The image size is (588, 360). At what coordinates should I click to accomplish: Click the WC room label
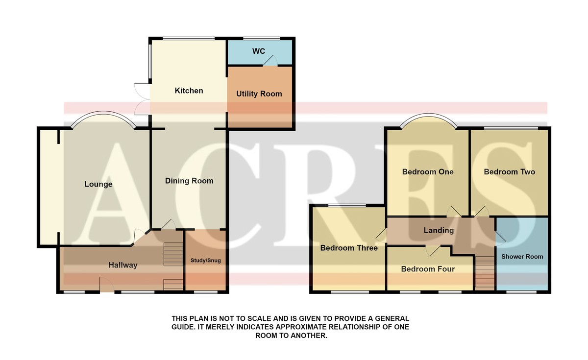point(259,51)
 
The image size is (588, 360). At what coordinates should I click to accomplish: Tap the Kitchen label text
point(189,91)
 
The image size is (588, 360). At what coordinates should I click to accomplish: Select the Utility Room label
point(259,94)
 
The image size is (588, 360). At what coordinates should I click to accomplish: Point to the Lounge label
point(98,184)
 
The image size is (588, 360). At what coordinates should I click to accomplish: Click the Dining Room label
point(189,181)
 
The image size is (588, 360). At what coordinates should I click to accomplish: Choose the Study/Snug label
point(205,261)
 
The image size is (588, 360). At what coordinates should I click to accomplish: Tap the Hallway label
point(123,265)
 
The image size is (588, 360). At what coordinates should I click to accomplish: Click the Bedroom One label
point(428,172)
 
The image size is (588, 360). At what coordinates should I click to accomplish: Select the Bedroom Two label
point(509,172)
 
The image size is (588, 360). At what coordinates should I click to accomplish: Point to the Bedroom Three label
point(349,248)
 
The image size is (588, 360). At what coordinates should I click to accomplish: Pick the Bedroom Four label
point(428,269)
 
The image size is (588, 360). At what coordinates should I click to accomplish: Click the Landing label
point(439,230)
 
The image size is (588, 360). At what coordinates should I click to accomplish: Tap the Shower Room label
point(522,257)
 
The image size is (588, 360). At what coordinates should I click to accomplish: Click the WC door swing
point(270,60)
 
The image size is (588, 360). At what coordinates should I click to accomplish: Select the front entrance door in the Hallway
point(107,285)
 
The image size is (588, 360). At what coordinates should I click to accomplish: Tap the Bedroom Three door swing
point(381,235)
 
